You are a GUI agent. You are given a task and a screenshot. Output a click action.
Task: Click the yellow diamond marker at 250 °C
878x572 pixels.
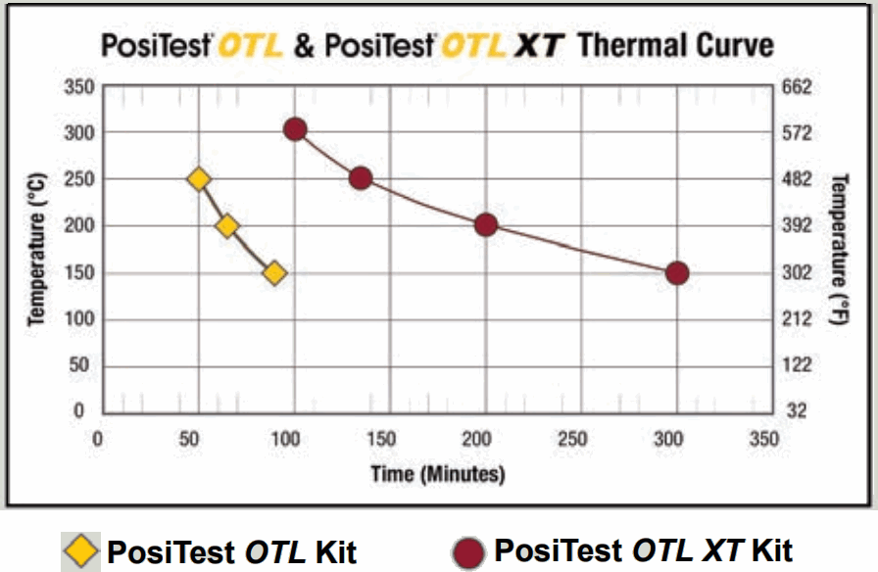(199, 179)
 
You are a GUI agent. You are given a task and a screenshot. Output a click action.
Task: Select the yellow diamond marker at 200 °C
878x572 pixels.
(227, 226)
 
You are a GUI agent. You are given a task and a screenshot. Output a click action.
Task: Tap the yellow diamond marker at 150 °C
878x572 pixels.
(274, 273)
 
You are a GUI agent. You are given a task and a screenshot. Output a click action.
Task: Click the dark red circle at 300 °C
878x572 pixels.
(295, 129)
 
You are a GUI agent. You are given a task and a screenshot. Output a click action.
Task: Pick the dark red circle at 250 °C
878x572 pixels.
(360, 178)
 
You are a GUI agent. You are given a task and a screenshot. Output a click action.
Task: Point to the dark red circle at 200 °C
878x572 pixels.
(486, 225)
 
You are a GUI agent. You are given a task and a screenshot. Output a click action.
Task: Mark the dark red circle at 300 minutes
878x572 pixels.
(677, 273)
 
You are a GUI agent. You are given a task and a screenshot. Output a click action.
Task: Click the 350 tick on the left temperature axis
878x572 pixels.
(80, 87)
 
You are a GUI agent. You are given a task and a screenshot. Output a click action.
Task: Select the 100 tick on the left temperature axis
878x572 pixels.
(80, 319)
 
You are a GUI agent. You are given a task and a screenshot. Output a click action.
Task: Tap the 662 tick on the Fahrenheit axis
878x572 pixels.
(800, 87)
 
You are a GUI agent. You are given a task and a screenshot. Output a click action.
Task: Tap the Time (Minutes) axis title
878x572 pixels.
(438, 474)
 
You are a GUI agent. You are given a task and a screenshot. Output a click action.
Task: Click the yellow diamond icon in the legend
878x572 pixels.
(81, 550)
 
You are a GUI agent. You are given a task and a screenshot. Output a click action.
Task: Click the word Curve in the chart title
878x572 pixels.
(729, 45)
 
